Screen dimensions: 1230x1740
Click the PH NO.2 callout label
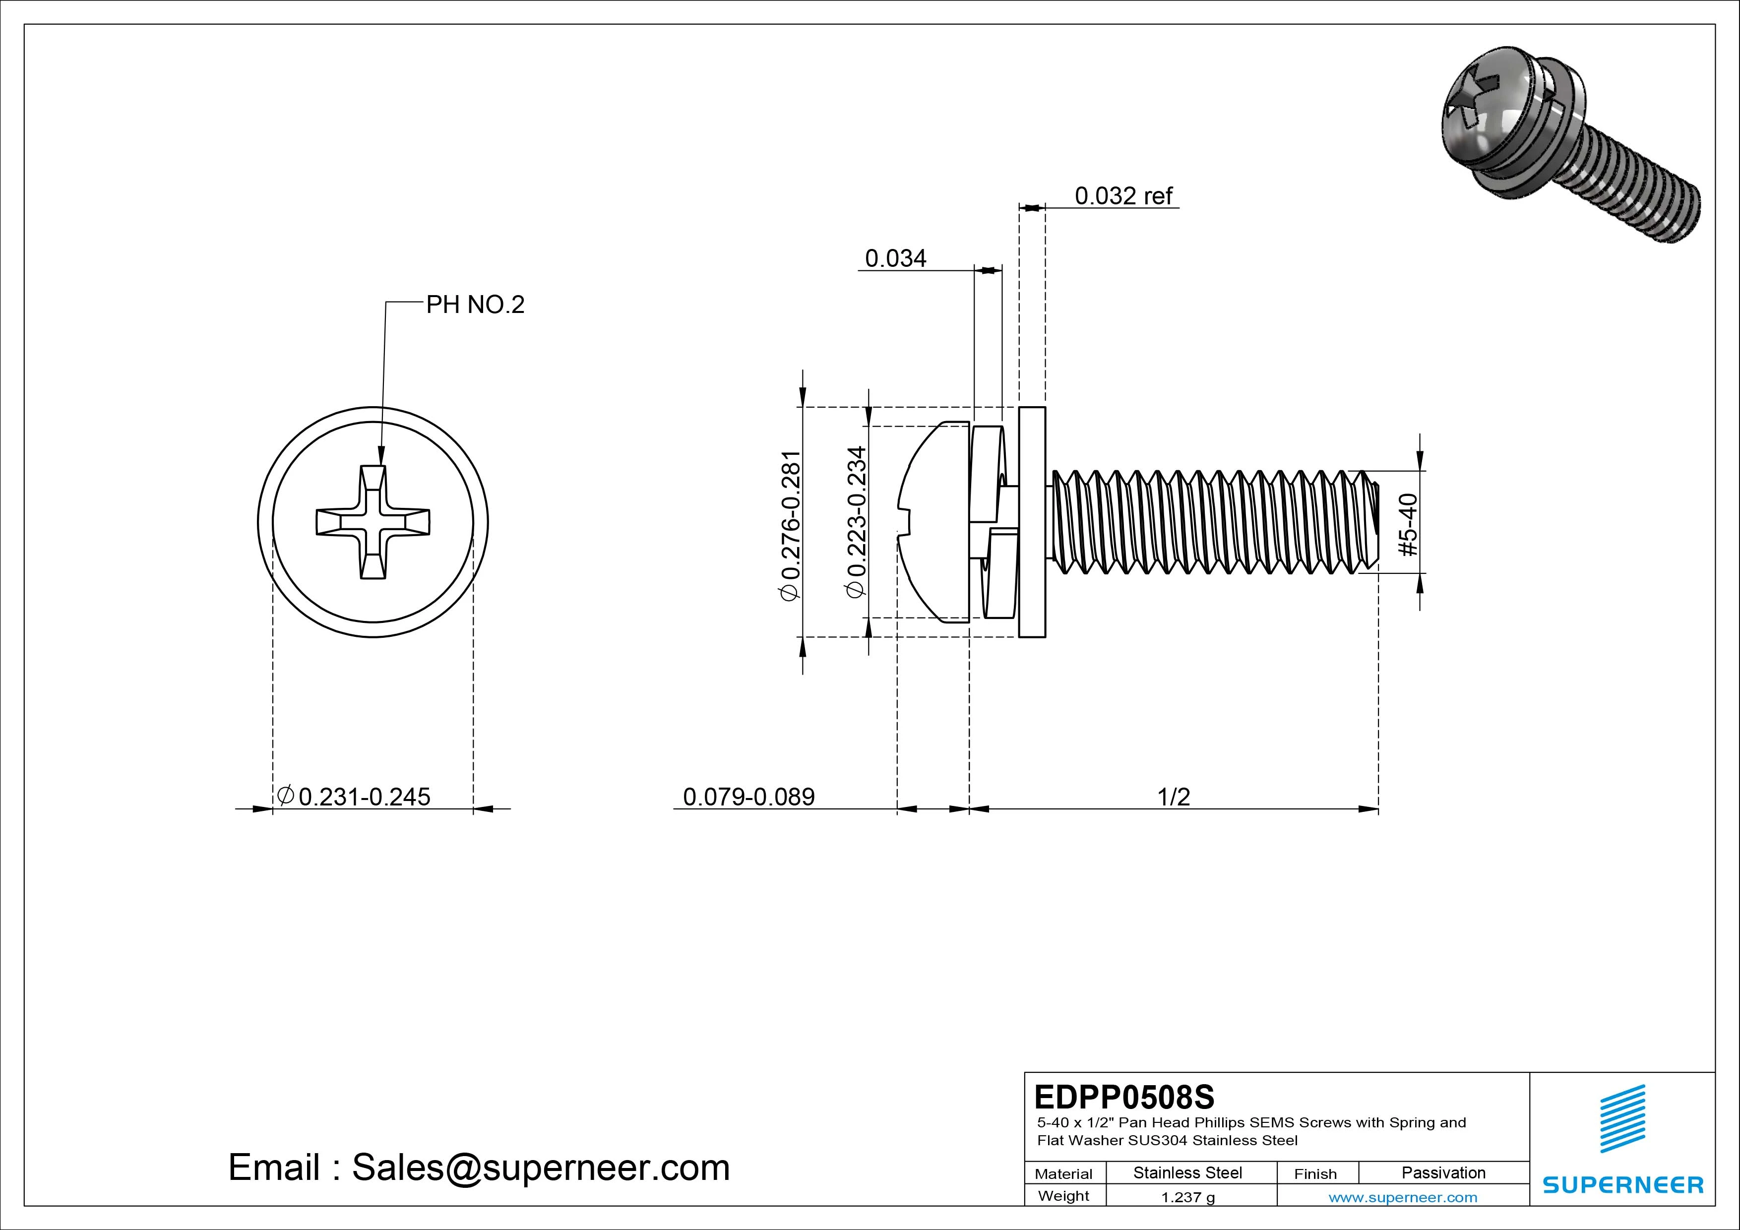pos(475,305)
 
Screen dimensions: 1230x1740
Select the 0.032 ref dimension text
pos(1123,196)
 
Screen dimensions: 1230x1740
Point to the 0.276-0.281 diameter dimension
pos(791,526)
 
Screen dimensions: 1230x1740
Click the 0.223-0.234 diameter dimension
pos(856,522)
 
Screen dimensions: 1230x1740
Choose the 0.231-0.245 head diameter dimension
pos(354,797)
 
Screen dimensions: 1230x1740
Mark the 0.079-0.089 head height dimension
pos(749,797)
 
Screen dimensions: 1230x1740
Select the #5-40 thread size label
pos(1409,524)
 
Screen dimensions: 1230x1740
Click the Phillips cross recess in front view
pos(373,522)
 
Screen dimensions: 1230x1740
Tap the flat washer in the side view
pos(1032,522)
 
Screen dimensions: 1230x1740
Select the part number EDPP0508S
pos(1124,1097)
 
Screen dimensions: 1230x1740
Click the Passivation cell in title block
pos(1443,1172)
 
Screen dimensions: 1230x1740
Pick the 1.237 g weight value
pos(1187,1197)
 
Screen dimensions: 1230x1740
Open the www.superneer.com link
pos(1403,1197)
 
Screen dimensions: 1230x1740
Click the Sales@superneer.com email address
pos(540,1168)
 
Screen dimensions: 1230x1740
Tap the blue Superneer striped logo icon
pos(1622,1118)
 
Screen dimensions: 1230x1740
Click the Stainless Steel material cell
pos(1187,1172)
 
